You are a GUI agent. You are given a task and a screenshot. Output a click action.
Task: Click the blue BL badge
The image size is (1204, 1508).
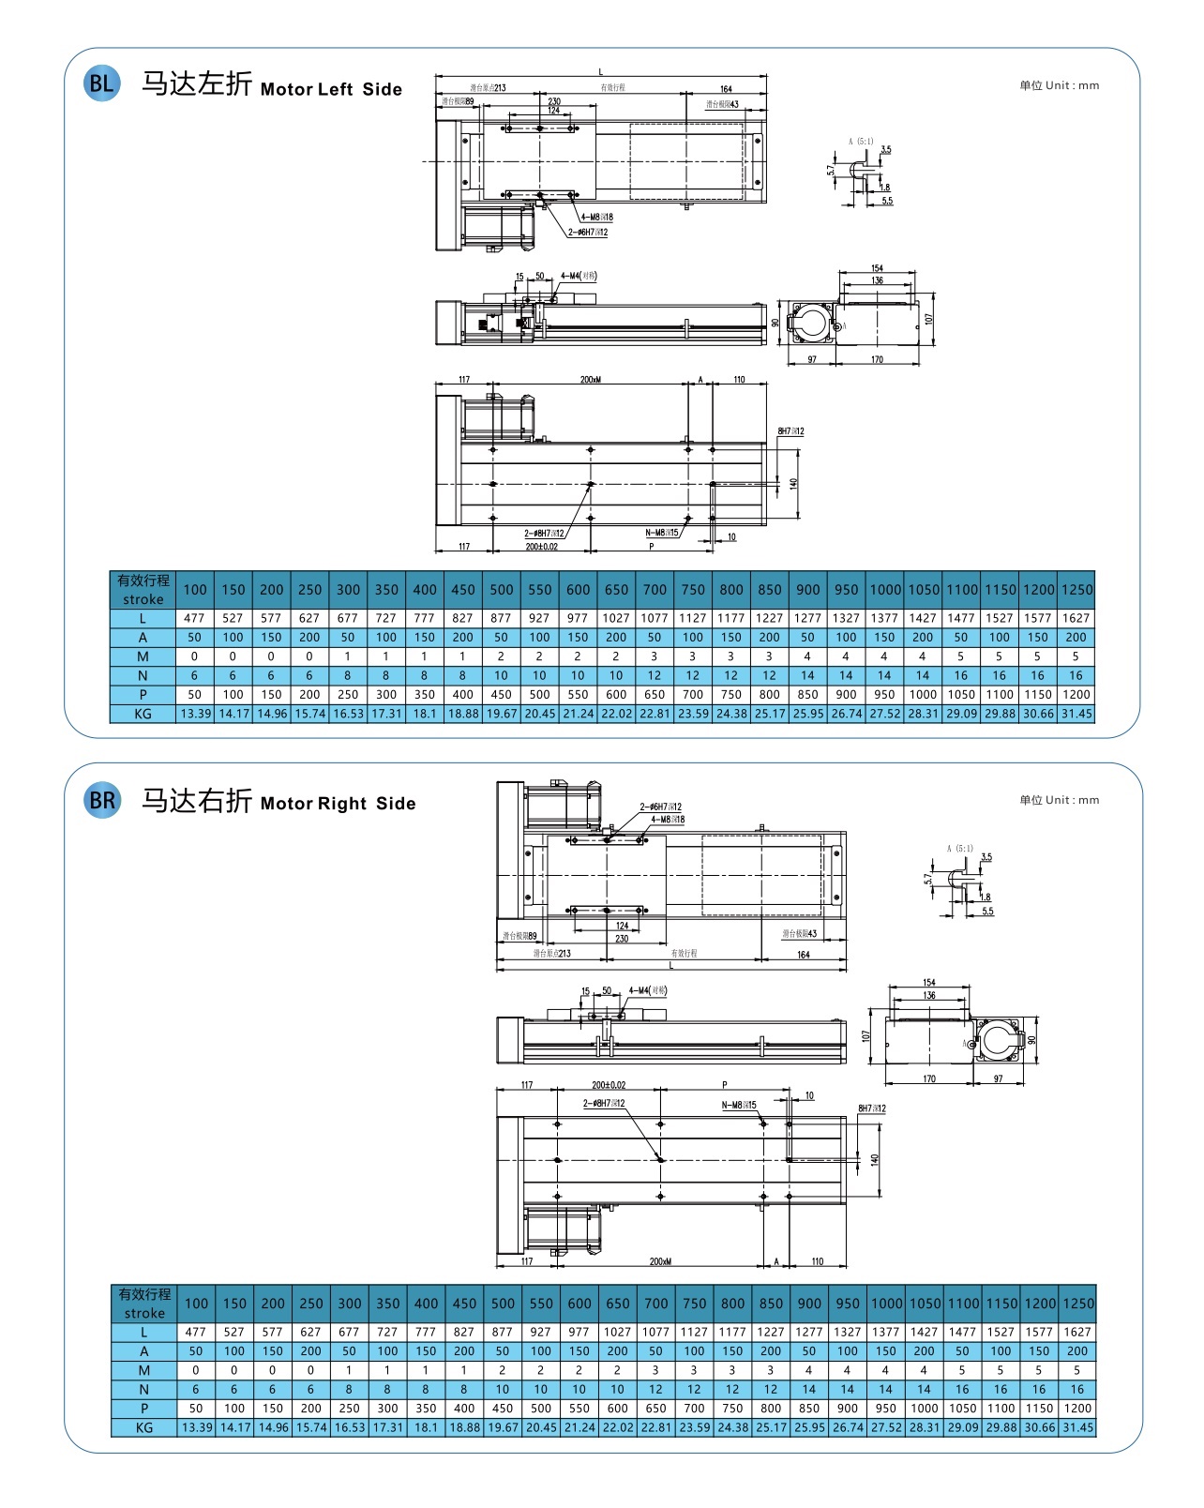[x=101, y=83]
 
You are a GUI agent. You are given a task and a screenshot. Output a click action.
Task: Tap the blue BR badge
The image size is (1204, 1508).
[x=102, y=800]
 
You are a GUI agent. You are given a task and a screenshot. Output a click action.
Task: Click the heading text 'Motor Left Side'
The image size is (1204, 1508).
[x=331, y=90]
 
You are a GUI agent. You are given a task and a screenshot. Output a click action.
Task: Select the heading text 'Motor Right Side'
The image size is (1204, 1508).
[x=338, y=804]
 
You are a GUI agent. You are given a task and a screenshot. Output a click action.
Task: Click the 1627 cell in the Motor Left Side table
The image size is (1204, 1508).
[x=1076, y=618]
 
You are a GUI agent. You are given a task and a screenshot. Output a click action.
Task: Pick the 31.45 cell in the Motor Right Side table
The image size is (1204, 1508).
[x=1077, y=1427]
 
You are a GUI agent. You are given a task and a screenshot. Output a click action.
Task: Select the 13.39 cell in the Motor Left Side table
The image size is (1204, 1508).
[x=195, y=714]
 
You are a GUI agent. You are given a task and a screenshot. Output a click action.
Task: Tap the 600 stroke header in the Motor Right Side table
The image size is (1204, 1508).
[x=579, y=1304]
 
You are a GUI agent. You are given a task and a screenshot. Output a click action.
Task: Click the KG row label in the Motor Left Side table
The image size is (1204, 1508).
[x=143, y=714]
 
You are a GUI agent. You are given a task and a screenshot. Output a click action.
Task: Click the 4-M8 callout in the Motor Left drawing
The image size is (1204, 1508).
[x=596, y=218]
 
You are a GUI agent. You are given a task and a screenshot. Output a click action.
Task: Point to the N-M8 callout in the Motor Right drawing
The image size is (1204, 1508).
[x=739, y=1105]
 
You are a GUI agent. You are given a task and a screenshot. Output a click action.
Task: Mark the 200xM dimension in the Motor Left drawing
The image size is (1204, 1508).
[x=590, y=380]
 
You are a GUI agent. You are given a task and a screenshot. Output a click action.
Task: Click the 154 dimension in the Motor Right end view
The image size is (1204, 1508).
[x=928, y=983]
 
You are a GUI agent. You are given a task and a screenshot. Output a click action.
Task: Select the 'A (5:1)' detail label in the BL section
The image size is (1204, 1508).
[x=861, y=142]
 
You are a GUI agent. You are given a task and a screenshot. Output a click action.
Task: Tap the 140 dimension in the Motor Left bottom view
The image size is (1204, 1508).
[x=793, y=484]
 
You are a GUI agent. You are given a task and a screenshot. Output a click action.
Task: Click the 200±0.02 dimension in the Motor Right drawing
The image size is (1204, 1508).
[x=609, y=1085]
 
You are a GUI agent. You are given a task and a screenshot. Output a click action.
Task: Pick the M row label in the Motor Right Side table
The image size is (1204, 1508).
[x=144, y=1370]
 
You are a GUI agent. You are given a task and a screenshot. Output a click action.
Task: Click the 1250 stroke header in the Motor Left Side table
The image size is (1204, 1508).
[x=1076, y=590]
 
